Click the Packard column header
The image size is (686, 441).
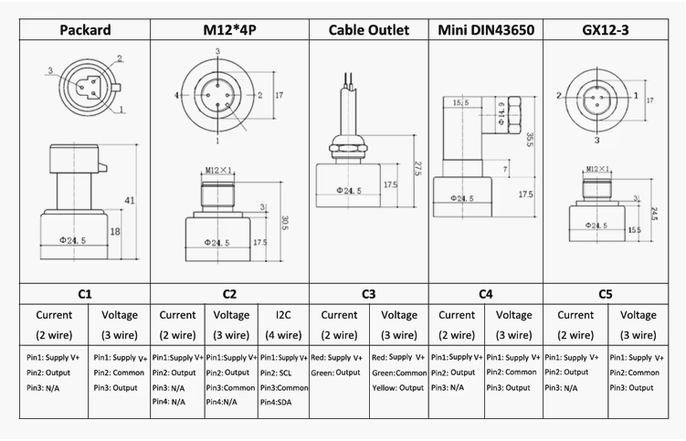(x=85, y=30)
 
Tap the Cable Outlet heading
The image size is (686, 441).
(x=368, y=30)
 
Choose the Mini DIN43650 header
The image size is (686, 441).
(x=486, y=30)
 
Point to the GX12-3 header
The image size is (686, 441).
(x=607, y=30)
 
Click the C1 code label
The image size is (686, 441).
(x=85, y=294)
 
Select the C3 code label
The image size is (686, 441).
(x=368, y=294)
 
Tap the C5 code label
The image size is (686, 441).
(x=606, y=294)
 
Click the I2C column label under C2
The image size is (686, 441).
(x=284, y=315)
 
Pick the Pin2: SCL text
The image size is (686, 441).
(x=280, y=373)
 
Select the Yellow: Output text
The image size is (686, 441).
(x=398, y=387)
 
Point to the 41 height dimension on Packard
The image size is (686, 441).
(x=131, y=200)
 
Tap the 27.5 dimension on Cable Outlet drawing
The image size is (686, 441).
(x=417, y=169)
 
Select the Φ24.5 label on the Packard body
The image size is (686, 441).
(x=72, y=240)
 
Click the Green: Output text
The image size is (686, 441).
(x=336, y=373)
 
